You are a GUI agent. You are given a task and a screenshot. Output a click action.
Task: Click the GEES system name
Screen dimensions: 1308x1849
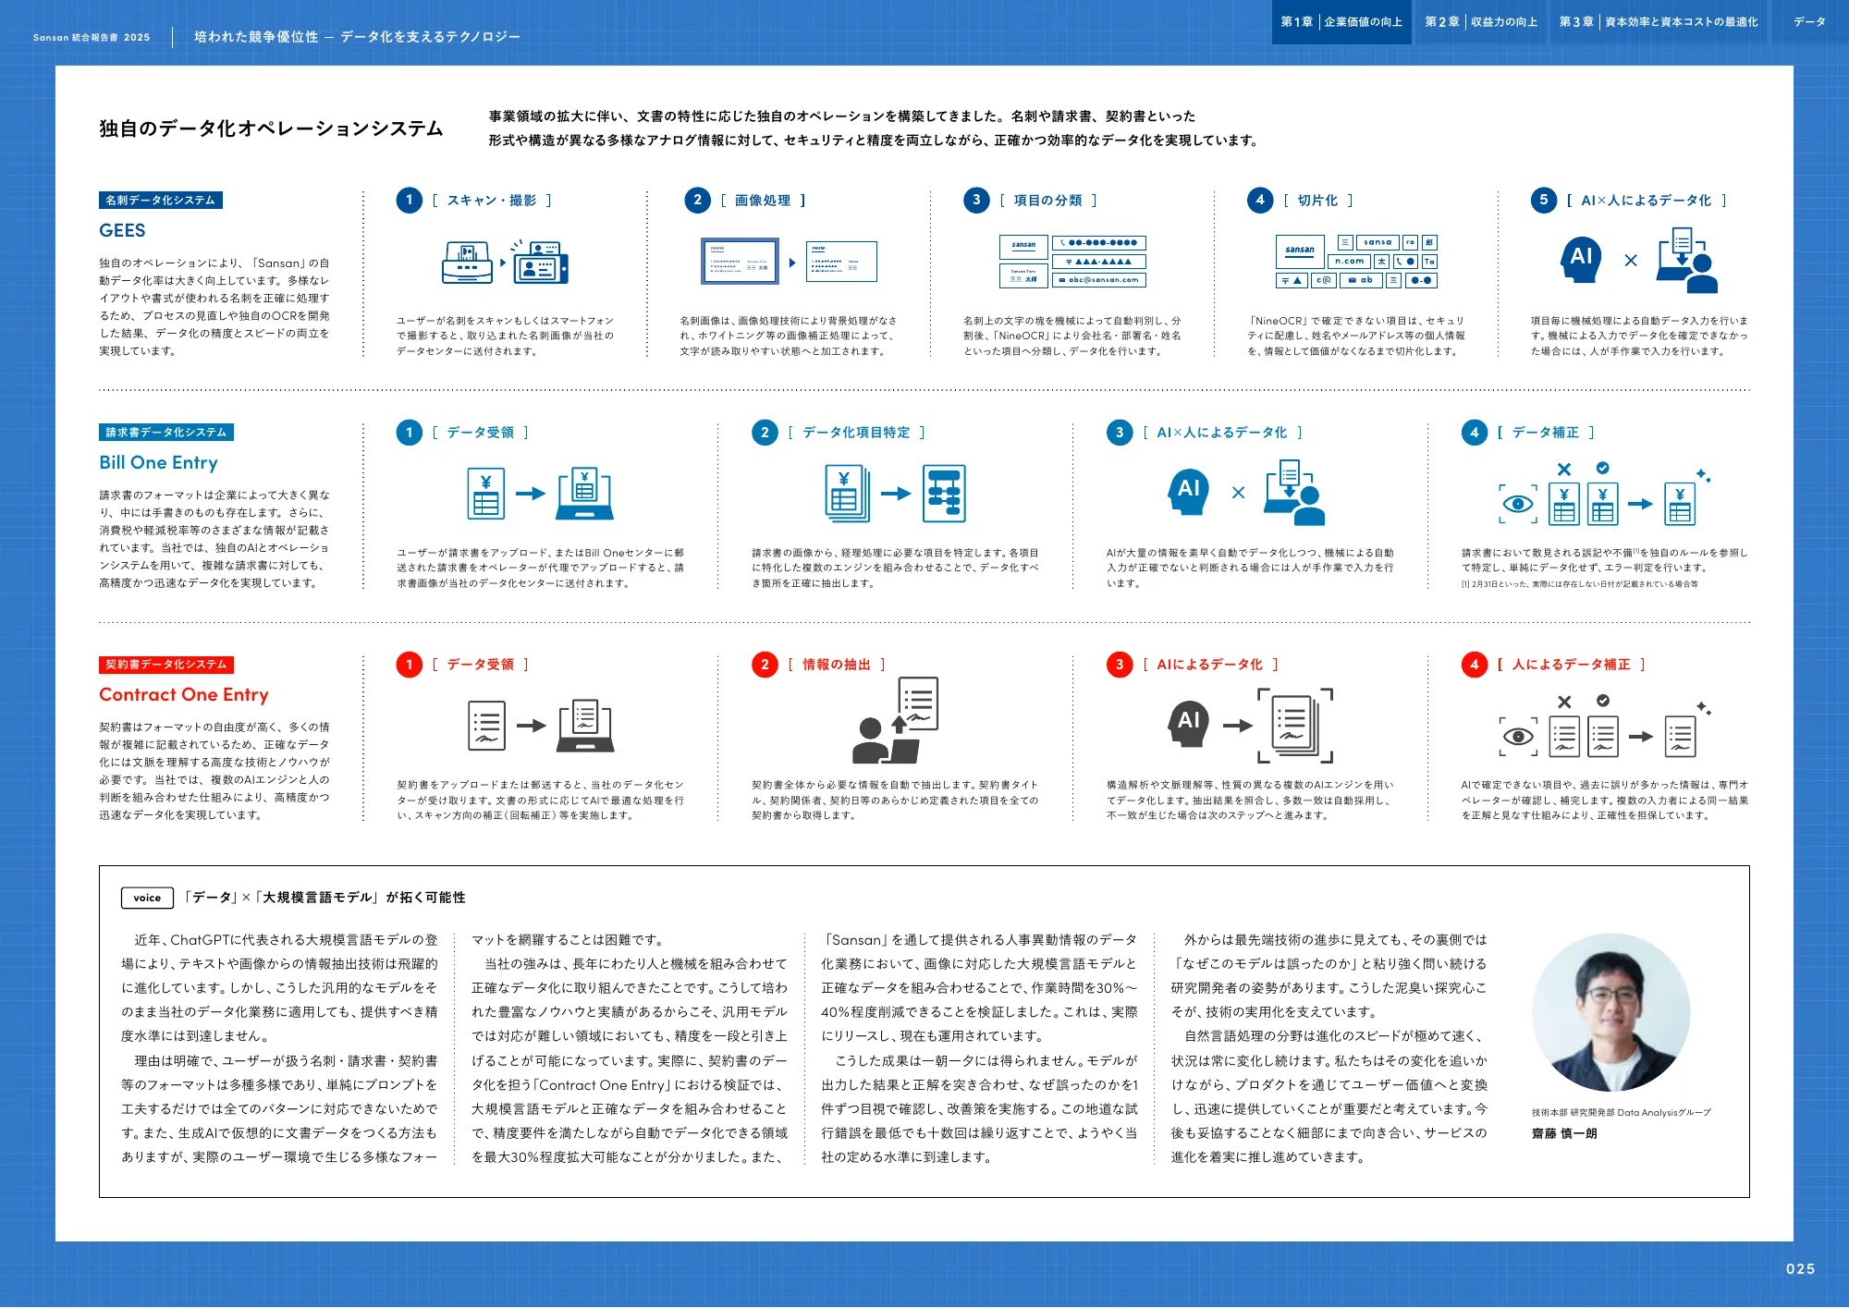pyautogui.click(x=122, y=230)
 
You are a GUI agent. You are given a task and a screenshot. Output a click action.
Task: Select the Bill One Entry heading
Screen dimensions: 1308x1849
pyautogui.click(x=158, y=462)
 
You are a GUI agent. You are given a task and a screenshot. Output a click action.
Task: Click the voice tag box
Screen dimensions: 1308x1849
pyautogui.click(x=147, y=898)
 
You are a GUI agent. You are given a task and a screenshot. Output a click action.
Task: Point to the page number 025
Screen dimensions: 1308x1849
pyautogui.click(x=1799, y=1269)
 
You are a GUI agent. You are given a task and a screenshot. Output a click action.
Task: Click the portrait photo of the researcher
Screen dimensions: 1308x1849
pyautogui.click(x=1610, y=1013)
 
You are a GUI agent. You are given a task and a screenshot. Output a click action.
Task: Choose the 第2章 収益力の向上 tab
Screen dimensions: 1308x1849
pyautogui.click(x=1481, y=22)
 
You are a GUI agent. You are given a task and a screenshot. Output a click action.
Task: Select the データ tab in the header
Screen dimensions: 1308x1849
pyautogui.click(x=1809, y=22)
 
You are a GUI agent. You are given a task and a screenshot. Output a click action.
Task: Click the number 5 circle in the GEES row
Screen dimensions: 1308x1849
pyautogui.click(x=1543, y=201)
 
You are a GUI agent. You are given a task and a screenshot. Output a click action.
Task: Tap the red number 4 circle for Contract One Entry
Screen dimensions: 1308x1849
pyautogui.click(x=1474, y=665)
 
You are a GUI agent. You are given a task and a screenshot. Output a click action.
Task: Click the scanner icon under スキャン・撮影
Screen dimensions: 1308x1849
pyautogui.click(x=467, y=263)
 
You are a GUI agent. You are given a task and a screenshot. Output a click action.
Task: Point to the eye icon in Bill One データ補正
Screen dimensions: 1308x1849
pyautogui.click(x=1518, y=505)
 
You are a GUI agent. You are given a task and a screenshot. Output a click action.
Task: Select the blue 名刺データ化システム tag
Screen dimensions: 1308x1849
pyautogui.click(x=160, y=201)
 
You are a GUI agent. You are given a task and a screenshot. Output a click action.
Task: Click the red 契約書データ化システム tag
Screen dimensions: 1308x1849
pyautogui.click(x=165, y=665)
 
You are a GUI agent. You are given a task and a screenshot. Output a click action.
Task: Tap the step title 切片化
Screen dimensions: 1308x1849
pyautogui.click(x=1317, y=201)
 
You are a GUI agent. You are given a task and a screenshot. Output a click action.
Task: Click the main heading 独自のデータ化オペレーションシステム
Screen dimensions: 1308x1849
pyautogui.click(x=271, y=128)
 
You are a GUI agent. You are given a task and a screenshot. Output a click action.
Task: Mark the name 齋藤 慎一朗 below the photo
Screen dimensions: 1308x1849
pyautogui.click(x=1564, y=1133)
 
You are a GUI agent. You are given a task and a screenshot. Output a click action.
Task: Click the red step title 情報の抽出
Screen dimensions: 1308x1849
pyautogui.click(x=836, y=665)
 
